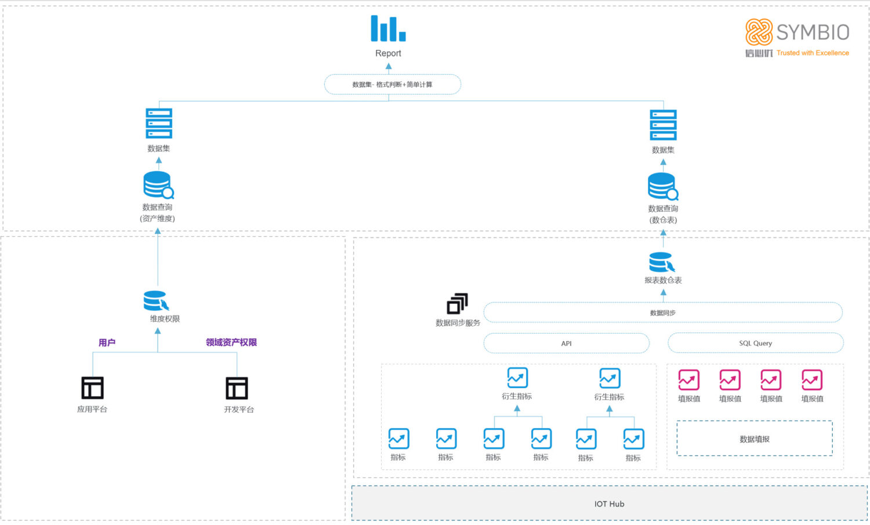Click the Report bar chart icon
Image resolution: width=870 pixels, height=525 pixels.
click(388, 28)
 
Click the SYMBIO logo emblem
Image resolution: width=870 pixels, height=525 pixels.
click(759, 32)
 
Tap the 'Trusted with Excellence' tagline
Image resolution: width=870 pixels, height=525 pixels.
click(813, 53)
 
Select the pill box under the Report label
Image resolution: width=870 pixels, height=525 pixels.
click(392, 84)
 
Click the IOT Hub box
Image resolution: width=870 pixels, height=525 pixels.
click(609, 504)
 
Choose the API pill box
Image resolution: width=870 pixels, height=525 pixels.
click(566, 343)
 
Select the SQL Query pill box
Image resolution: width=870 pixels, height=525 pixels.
click(755, 343)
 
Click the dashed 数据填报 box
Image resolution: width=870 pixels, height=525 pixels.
click(755, 439)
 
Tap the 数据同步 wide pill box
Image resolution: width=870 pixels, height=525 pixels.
click(662, 313)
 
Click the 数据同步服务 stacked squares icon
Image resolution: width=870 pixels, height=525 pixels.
click(457, 303)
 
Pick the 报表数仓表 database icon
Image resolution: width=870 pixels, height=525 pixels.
click(661, 262)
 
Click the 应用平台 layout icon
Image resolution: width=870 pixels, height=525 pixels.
click(92, 388)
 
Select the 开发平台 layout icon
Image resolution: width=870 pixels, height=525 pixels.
click(237, 388)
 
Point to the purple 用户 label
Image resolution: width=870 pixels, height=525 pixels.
click(107, 343)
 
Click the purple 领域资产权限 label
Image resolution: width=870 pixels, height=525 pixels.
click(231, 343)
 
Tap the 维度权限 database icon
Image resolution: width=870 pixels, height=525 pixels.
click(156, 301)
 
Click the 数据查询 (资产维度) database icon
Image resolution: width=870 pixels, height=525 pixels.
click(158, 185)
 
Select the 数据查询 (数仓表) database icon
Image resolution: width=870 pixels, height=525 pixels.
click(662, 186)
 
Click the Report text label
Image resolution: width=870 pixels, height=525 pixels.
click(388, 53)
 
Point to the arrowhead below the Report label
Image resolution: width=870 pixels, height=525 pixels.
click(389, 67)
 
